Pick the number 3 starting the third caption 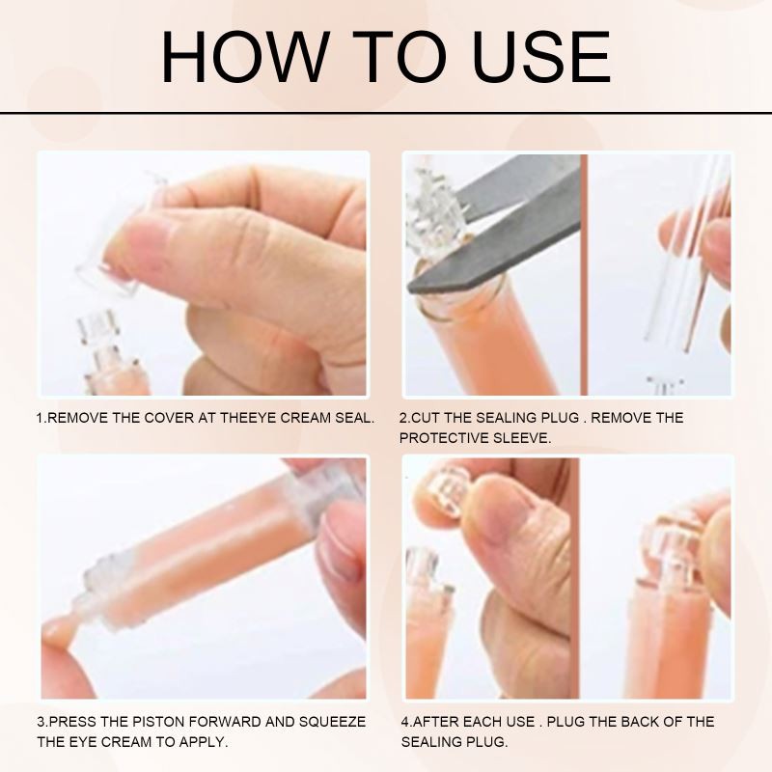pyautogui.click(x=41, y=721)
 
